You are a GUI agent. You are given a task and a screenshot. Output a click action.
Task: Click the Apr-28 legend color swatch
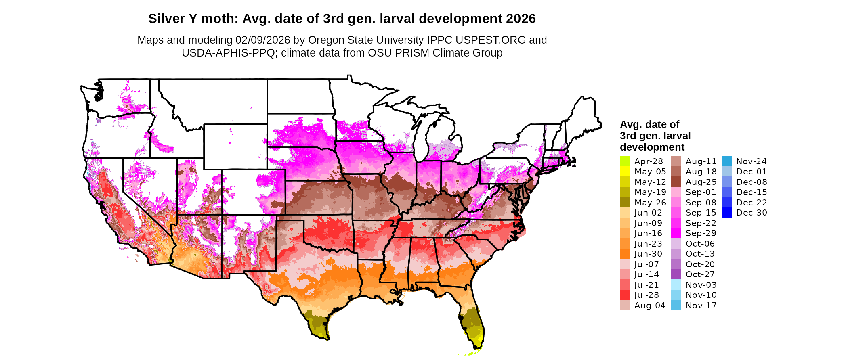tap(625, 161)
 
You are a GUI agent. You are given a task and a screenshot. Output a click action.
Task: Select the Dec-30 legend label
tap(751, 213)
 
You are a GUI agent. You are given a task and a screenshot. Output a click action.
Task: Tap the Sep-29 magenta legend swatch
tap(676, 233)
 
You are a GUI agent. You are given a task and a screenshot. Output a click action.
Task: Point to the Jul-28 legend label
tap(646, 295)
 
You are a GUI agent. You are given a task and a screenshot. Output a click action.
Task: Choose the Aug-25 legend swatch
tap(676, 182)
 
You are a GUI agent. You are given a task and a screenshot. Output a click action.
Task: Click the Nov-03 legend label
tap(701, 285)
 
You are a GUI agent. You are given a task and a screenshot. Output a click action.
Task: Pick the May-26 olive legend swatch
tap(625, 203)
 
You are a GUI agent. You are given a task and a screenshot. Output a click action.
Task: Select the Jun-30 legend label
tap(648, 254)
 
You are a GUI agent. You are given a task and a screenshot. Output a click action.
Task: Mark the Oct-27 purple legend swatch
tap(676, 274)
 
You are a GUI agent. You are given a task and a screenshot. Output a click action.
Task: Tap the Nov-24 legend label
tap(751, 161)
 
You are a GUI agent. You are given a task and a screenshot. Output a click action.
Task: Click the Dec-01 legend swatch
tap(726, 172)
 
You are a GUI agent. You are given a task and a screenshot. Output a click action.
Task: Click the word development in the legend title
tap(652, 147)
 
